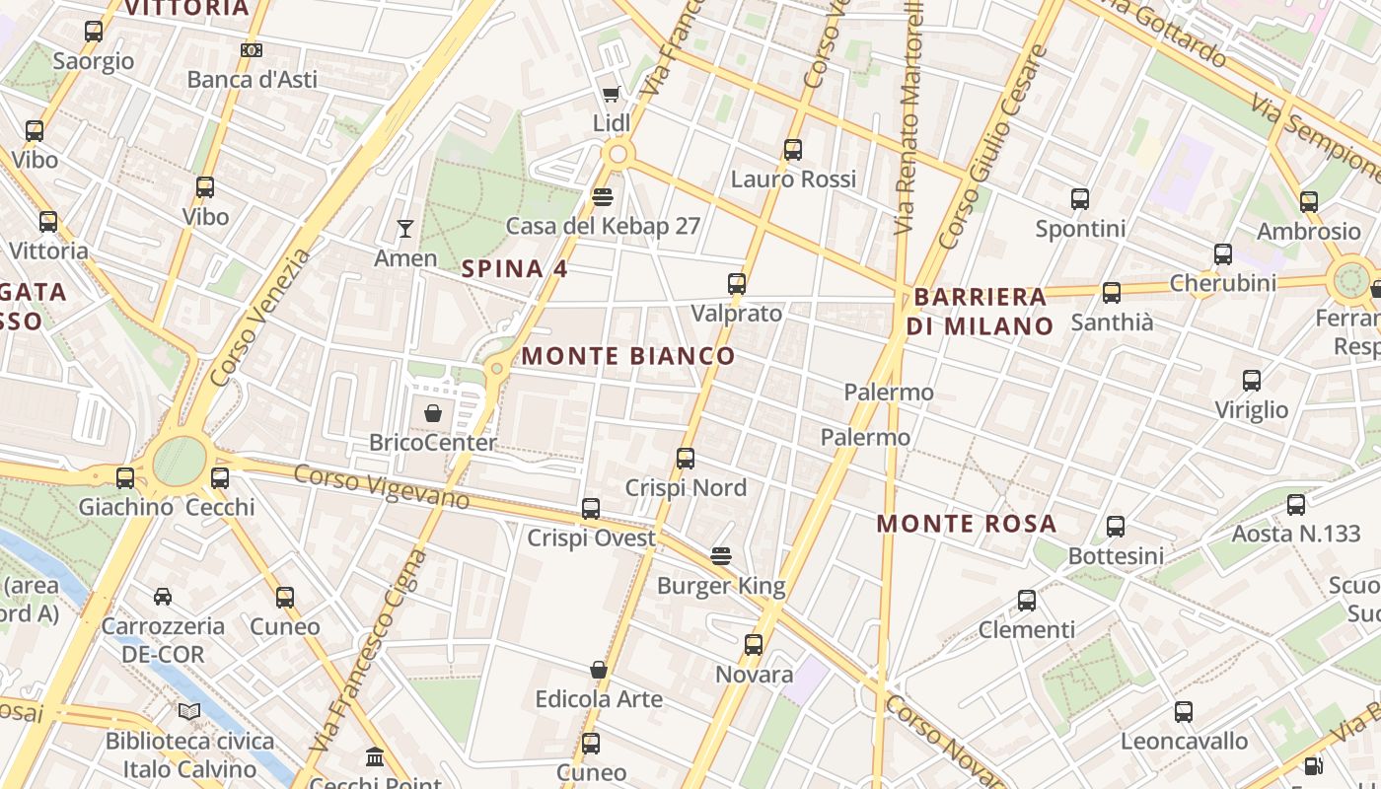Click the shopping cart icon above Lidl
pos(611,95)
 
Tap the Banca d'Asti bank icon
pos(252,49)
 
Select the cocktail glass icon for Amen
pos(404,229)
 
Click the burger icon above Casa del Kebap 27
pos(603,196)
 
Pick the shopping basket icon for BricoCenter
pos(432,413)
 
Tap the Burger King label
pos(721,586)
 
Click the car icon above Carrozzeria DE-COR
pos(163,597)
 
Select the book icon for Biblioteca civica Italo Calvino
pos(189,711)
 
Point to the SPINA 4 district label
pos(515,268)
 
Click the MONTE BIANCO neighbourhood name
pos(628,356)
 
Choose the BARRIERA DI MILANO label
pos(981,311)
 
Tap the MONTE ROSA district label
pos(967,524)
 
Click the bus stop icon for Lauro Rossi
pos(793,150)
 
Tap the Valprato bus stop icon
pos(737,284)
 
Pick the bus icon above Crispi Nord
pos(686,459)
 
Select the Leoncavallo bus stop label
pos(1184,741)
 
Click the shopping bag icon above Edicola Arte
pos(599,670)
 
